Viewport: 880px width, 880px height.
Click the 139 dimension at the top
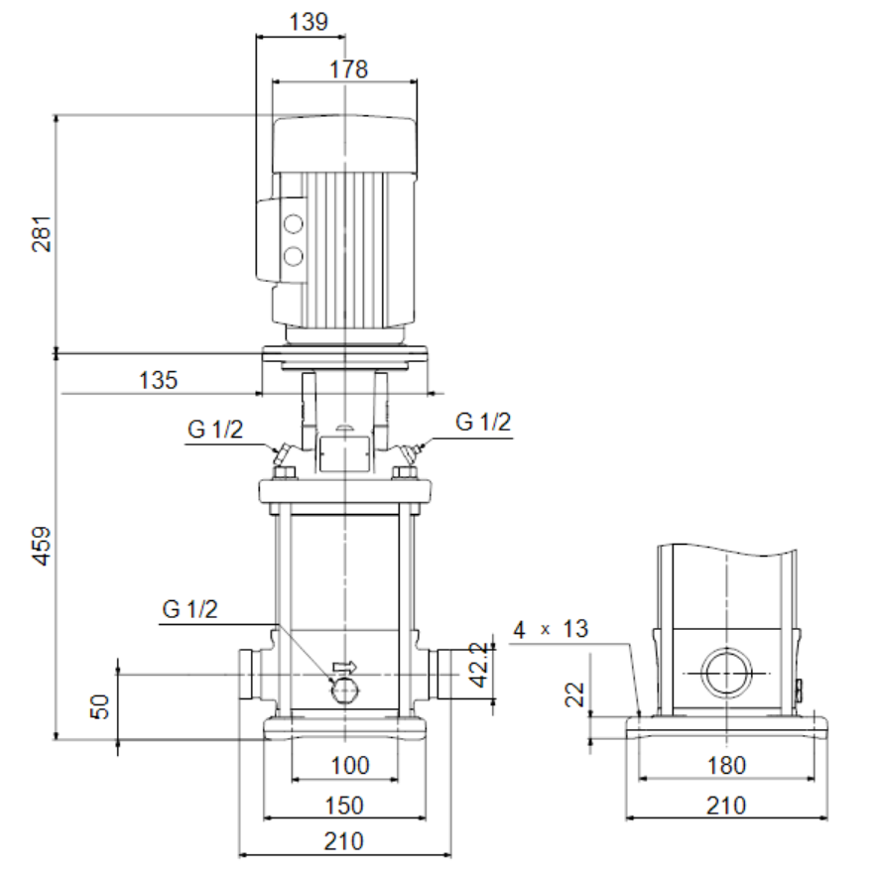[x=309, y=22]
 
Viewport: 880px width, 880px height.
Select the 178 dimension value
[x=348, y=69]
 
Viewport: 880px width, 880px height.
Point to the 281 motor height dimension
[x=42, y=233]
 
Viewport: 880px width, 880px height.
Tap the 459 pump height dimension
[x=42, y=546]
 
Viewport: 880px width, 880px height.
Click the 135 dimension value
[x=159, y=380]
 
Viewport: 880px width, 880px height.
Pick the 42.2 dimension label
[x=479, y=665]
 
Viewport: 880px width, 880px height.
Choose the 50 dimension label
[x=100, y=706]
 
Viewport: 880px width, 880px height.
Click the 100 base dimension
[x=350, y=765]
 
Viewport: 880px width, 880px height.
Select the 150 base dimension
[x=344, y=806]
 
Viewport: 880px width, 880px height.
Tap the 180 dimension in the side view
[x=727, y=765]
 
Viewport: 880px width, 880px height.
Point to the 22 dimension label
[x=574, y=694]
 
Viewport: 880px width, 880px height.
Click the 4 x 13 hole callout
[x=551, y=629]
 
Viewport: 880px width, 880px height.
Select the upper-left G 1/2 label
[x=215, y=430]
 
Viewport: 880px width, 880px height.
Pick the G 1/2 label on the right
[x=483, y=422]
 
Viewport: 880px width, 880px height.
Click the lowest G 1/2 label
[x=189, y=609]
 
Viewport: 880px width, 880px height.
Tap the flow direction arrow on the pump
[x=344, y=667]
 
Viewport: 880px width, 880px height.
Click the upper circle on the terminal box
[x=293, y=224]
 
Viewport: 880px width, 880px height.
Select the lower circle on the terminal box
[x=293, y=257]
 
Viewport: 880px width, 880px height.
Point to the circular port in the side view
[x=727, y=673]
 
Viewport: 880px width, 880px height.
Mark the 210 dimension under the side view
[x=726, y=806]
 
